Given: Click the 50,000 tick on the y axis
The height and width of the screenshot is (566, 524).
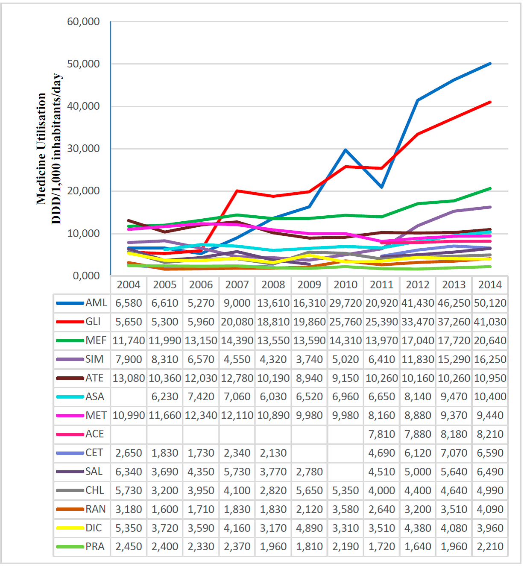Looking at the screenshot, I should click(x=83, y=64).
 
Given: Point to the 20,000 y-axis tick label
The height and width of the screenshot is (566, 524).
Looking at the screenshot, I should click(x=83, y=191).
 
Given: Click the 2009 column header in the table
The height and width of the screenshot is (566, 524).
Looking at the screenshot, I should click(x=309, y=284).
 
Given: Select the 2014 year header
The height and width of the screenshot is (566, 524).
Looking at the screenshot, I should click(x=490, y=284).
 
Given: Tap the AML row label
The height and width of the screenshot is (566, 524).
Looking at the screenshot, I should click(x=96, y=303).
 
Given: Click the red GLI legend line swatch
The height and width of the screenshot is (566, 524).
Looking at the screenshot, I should click(x=70, y=322).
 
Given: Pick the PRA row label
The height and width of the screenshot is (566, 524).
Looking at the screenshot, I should click(x=95, y=546).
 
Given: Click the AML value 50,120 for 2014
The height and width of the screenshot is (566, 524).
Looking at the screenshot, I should click(x=490, y=303).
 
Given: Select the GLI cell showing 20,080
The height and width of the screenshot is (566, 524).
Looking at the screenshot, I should click(x=237, y=322).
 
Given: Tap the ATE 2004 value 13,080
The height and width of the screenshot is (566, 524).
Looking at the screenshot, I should click(x=129, y=378).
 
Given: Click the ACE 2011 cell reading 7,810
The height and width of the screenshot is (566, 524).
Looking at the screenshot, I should click(x=381, y=434).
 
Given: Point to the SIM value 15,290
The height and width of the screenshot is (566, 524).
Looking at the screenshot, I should click(x=454, y=359).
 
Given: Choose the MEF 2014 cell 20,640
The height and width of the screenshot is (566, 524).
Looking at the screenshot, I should click(x=490, y=340).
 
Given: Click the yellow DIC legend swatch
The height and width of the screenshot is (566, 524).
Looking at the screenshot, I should click(x=70, y=528).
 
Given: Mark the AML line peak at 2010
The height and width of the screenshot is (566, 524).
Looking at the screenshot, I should click(x=345, y=150).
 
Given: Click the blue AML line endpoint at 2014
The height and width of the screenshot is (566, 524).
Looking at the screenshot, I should click(x=490, y=64).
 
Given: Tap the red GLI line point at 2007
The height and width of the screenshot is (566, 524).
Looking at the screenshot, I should click(x=237, y=191).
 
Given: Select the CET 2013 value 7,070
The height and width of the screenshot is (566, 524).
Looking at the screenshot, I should click(x=454, y=453).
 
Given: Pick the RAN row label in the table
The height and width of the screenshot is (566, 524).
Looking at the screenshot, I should click(x=95, y=509).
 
